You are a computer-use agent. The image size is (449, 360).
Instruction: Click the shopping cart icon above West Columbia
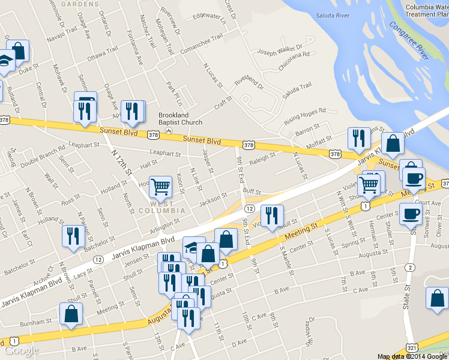coord(160,187)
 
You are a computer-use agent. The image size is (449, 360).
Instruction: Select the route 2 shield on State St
coord(410,267)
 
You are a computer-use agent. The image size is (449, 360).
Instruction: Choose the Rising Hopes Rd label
coord(304,115)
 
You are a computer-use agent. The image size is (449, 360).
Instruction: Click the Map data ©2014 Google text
coord(412,356)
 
